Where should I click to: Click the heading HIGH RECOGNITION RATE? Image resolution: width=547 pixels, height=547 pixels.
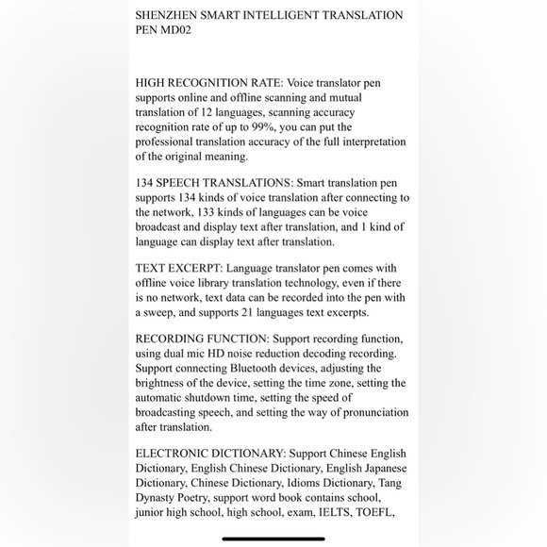(x=207, y=83)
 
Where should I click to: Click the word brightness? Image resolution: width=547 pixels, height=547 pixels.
(x=166, y=383)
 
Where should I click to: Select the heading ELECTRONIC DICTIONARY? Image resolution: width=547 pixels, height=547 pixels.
(x=209, y=454)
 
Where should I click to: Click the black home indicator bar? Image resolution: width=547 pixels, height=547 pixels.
(x=273, y=539)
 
